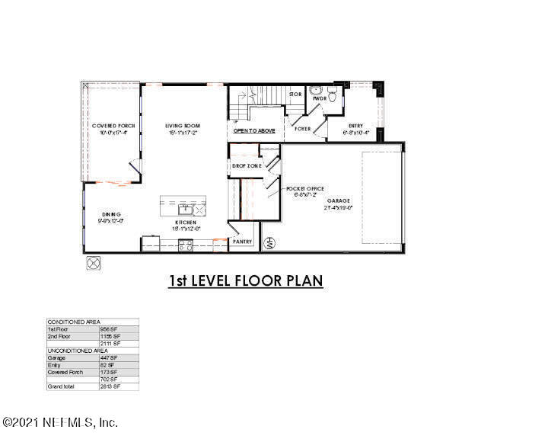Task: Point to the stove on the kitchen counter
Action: coord(185,244)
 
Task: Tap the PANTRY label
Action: coord(243,241)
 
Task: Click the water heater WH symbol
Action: coord(268,244)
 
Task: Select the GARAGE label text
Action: coord(338,201)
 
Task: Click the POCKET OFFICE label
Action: coord(302,187)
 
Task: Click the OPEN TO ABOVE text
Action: coord(254,130)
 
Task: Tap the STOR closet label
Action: coord(295,95)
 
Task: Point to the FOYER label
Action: coord(302,129)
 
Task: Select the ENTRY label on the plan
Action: coord(355,126)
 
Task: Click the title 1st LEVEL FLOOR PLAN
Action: coord(246,281)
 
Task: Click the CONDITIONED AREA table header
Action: coord(74,322)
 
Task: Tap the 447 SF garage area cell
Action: coord(109,357)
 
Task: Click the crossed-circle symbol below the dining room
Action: coord(94,263)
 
